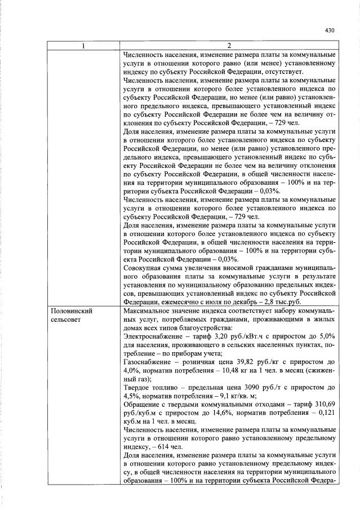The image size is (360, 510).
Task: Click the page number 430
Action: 330,31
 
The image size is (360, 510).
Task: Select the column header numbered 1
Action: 83,46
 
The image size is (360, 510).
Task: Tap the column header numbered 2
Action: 228,46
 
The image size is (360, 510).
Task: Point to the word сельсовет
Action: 67,320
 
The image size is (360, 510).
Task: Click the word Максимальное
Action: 148,311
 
